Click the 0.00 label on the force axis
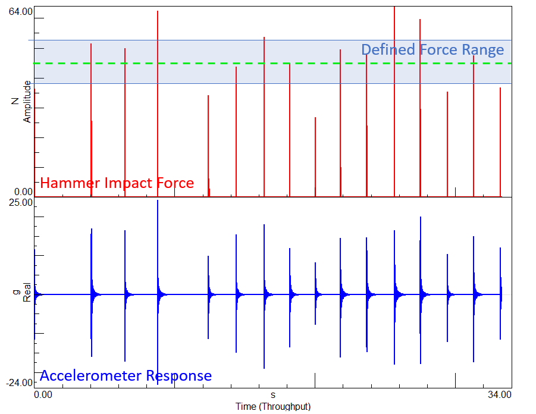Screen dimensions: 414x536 [x=23, y=192]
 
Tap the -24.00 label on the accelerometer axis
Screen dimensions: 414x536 [x=20, y=382]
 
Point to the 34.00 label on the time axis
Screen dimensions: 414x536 [x=499, y=394]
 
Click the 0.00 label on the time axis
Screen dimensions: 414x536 [x=43, y=394]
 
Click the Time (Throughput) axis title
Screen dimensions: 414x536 [x=273, y=407]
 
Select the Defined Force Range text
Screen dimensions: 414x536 [x=432, y=49]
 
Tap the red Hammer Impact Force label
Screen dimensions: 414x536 [x=117, y=183]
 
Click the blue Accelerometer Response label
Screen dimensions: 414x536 [x=126, y=376]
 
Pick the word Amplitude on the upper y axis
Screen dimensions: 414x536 [x=27, y=102]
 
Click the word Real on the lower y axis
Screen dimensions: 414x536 [x=27, y=294]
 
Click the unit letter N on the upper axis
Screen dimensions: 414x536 [x=16, y=102]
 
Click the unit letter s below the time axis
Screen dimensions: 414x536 [x=273, y=394]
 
